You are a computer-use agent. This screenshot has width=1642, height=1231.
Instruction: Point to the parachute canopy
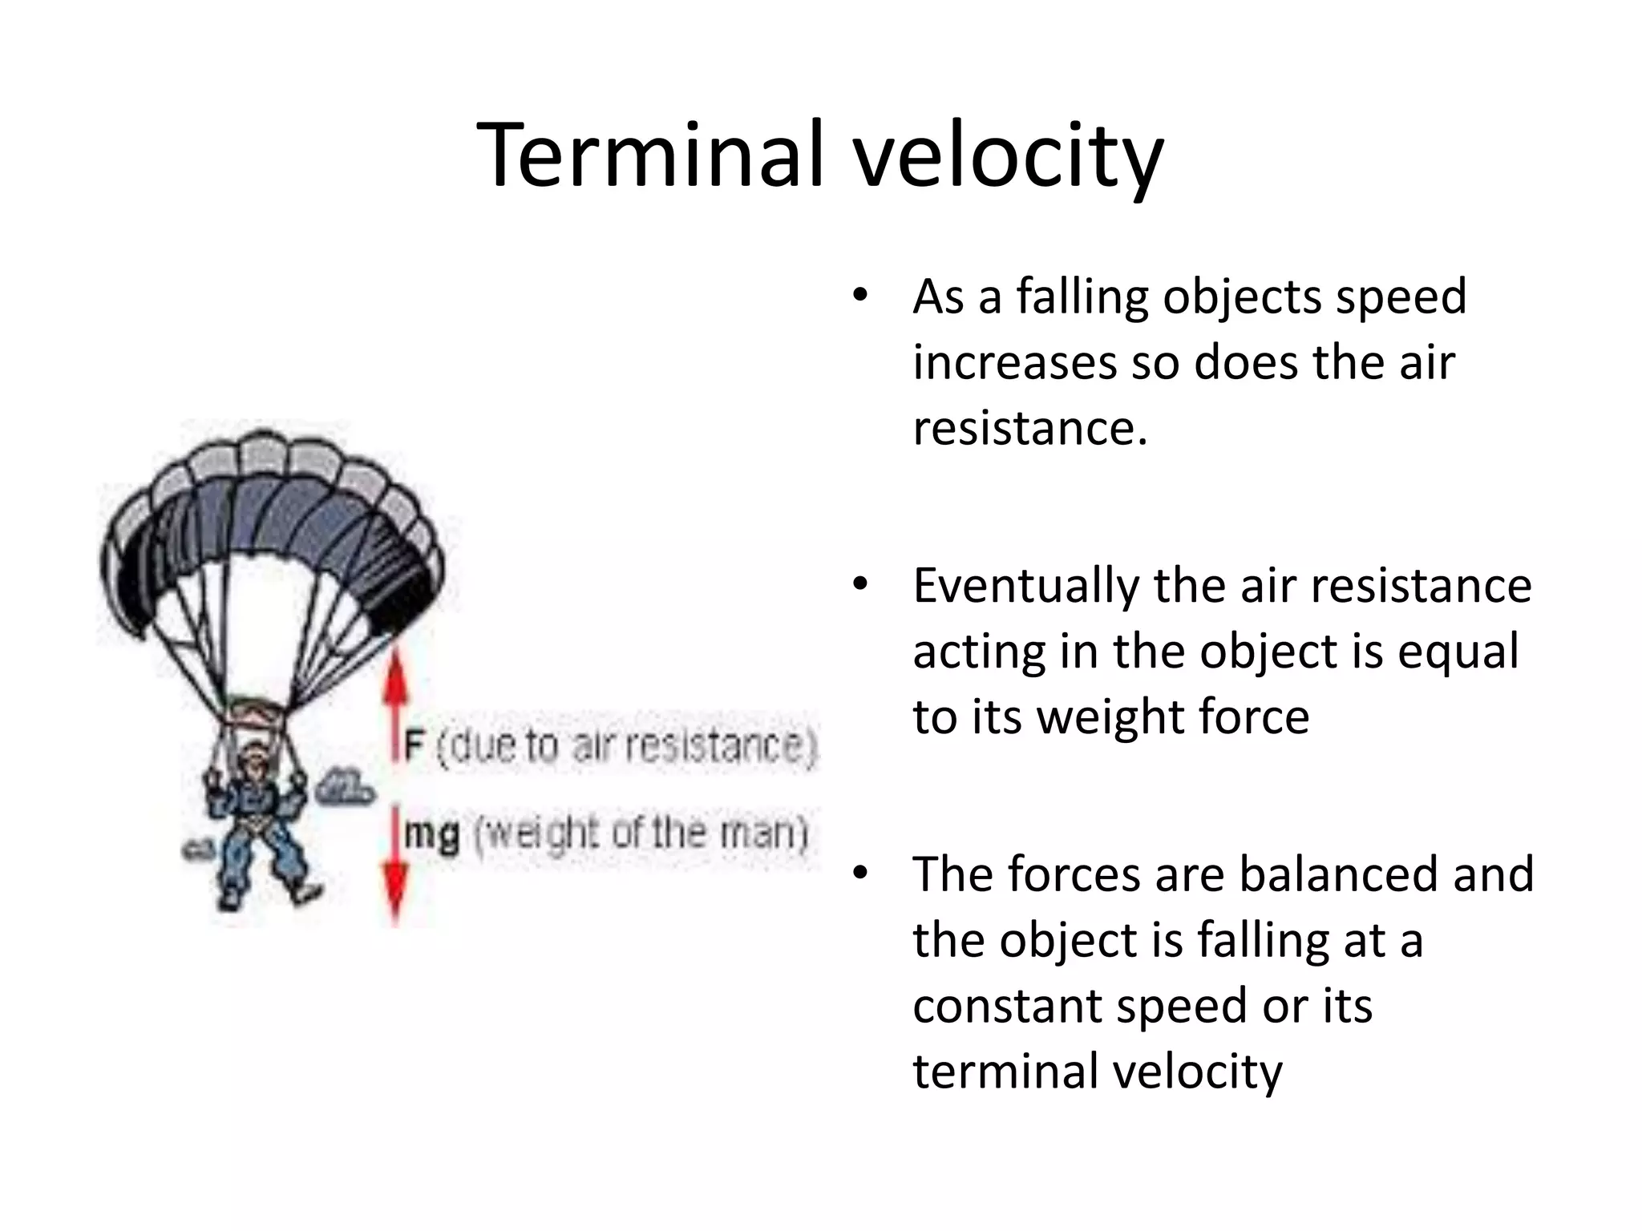tap(273, 513)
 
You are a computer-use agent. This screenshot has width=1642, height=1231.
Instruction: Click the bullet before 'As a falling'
tap(859, 295)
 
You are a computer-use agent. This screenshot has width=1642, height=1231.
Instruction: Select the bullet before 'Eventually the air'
tap(859, 584)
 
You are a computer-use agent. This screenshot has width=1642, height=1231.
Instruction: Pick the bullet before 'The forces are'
tap(859, 873)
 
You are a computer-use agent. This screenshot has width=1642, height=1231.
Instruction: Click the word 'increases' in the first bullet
tap(1014, 363)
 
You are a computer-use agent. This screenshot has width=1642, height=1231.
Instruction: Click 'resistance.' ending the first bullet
tap(1029, 429)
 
